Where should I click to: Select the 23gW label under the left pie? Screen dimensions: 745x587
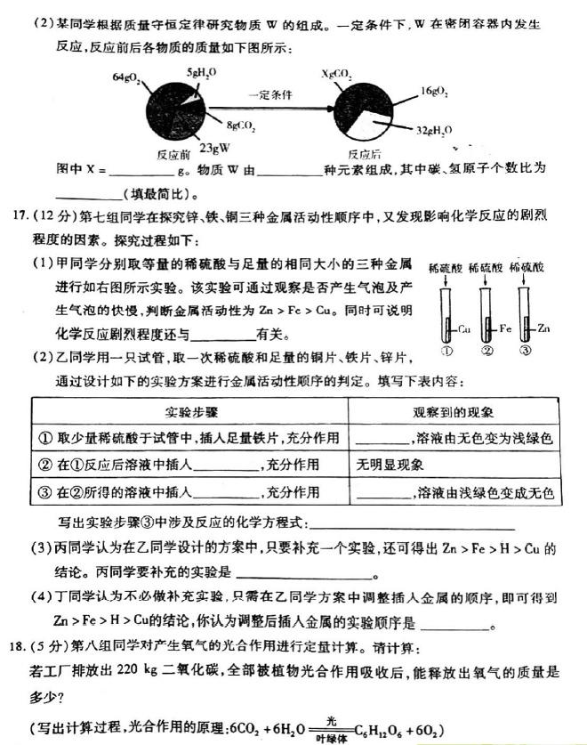214,147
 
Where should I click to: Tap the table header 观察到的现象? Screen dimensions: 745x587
460,413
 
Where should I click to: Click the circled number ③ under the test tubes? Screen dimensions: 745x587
526,351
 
